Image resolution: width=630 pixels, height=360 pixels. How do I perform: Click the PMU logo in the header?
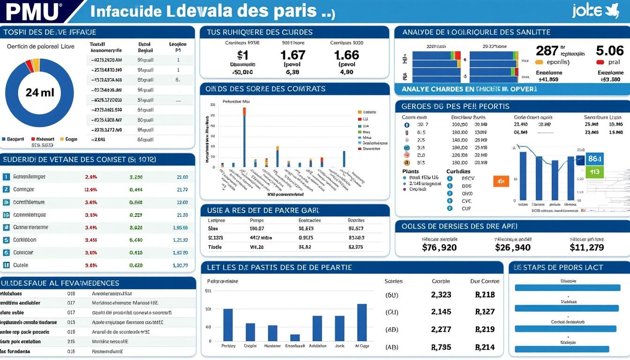pos(33,11)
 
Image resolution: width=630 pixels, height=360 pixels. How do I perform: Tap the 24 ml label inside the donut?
pos(40,92)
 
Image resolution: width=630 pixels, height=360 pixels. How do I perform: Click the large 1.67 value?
pos(293,55)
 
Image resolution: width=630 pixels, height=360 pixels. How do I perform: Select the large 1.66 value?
pos(346,55)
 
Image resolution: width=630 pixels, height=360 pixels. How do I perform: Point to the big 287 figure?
pos(547,51)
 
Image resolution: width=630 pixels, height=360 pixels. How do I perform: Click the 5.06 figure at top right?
pos(609,51)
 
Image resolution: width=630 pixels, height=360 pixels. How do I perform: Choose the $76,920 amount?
pos(439,247)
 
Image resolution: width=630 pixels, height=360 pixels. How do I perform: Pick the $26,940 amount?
pos(513,247)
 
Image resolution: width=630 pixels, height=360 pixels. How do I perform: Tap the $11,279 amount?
pos(586,247)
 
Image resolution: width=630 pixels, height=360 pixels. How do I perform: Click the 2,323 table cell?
pos(441,295)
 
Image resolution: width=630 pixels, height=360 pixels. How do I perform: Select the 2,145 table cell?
pos(441,312)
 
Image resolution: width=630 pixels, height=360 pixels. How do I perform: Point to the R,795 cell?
pos(441,347)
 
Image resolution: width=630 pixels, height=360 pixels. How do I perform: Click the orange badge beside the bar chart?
pos(501,181)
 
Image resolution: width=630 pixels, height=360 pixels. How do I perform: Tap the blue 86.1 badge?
pos(594,159)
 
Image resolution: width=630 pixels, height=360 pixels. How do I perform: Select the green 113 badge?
pos(594,172)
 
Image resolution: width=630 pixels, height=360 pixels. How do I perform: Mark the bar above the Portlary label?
pos(228,324)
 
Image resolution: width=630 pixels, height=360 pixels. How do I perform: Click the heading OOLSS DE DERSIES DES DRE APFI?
pos(459,226)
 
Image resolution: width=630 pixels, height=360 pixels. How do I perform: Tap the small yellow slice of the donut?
pos(36,65)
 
